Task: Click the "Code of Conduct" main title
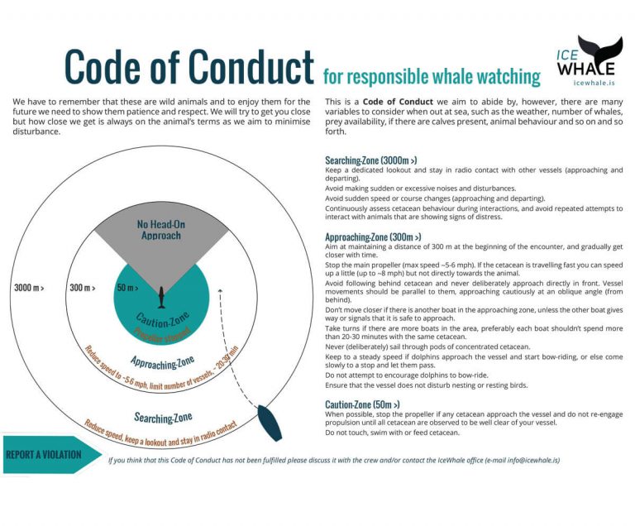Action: point(189,65)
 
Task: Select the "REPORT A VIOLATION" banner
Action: point(45,454)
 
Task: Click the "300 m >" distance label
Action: point(84,288)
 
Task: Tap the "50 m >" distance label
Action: point(127,288)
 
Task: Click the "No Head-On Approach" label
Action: point(161,230)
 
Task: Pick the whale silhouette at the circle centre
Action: point(159,293)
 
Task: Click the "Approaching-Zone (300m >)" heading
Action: point(385,237)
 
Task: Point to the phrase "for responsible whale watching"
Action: point(431,77)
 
